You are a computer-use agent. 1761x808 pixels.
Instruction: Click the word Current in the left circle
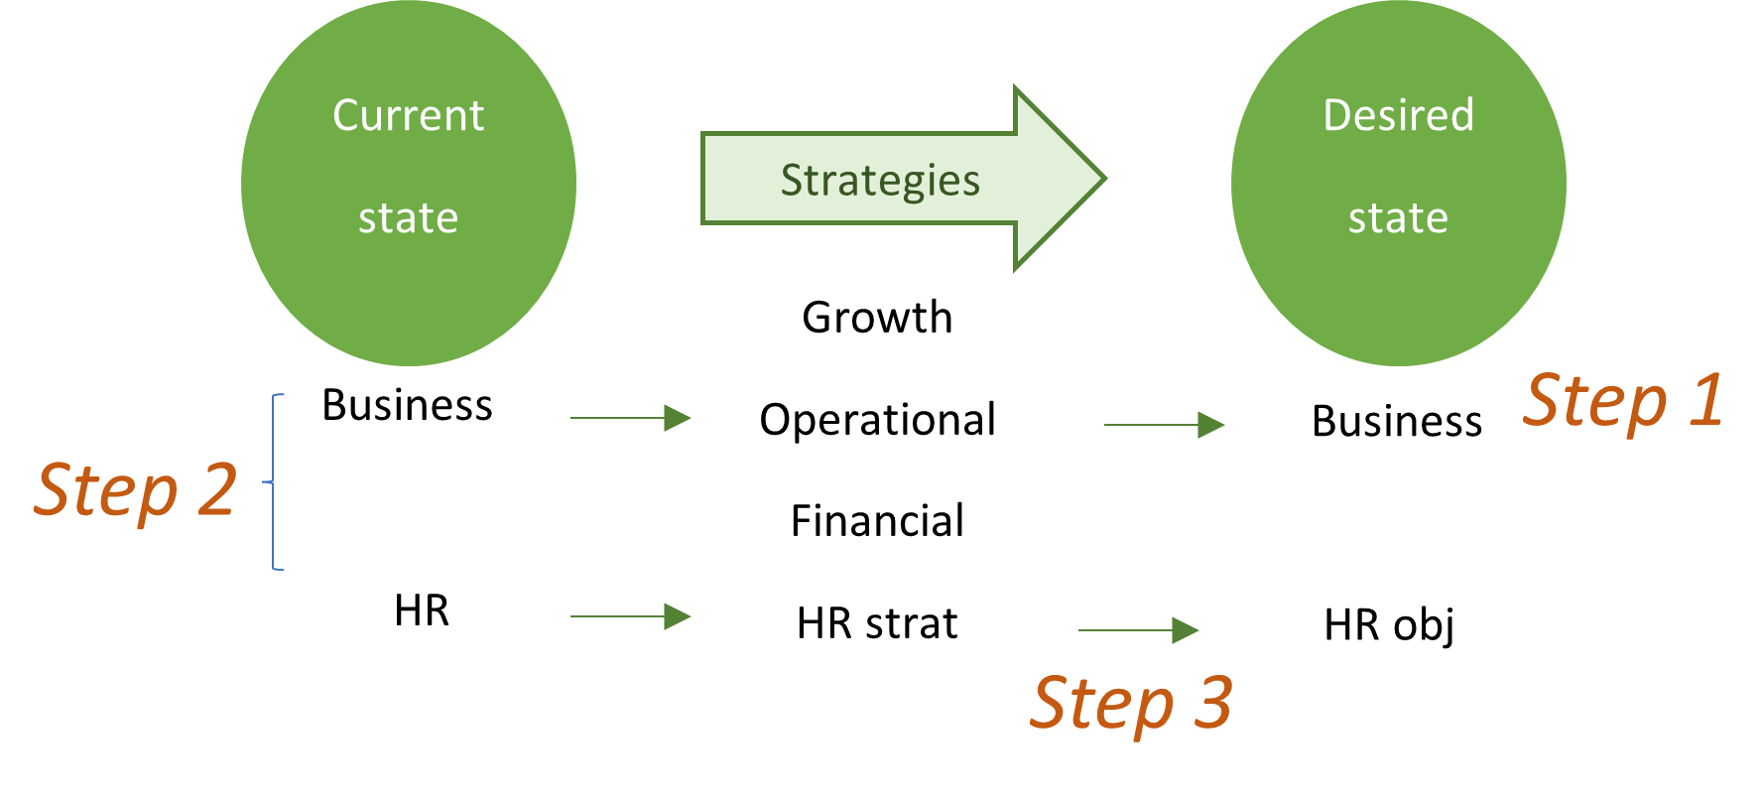(x=408, y=116)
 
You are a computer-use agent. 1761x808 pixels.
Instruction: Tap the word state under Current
(x=408, y=218)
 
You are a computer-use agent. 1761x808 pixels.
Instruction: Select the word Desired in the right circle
(x=1398, y=116)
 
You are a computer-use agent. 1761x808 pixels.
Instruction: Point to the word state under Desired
(x=1398, y=218)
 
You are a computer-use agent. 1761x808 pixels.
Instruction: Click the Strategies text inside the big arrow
(x=880, y=181)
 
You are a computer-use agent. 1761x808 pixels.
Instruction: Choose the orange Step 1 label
(x=1623, y=401)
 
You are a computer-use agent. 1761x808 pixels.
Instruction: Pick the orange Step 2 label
(x=136, y=489)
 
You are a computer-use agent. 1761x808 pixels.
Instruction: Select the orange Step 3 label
(x=1132, y=703)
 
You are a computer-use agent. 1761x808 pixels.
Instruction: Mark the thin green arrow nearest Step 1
(x=1165, y=425)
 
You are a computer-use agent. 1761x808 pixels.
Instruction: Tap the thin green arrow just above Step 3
(x=1139, y=630)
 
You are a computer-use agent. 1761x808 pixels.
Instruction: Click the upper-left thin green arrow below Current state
(x=631, y=418)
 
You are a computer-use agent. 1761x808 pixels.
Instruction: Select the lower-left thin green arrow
(x=631, y=616)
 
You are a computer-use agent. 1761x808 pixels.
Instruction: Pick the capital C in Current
(x=345, y=116)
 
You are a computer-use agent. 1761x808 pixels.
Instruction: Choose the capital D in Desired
(x=1336, y=116)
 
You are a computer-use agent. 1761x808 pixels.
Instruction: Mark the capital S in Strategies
(x=792, y=181)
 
